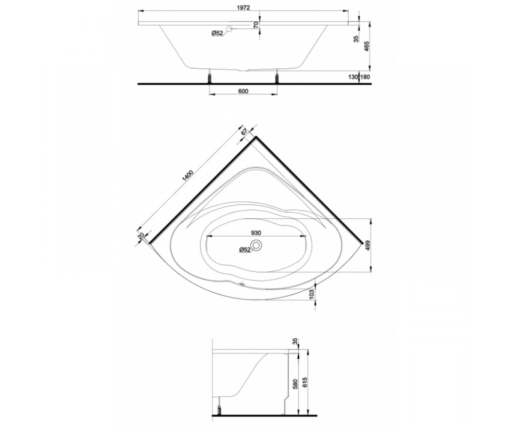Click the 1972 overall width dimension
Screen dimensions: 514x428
click(243, 8)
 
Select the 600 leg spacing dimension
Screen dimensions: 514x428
click(243, 91)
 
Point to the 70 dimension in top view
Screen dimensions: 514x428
click(256, 25)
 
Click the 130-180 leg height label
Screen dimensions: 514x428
click(359, 77)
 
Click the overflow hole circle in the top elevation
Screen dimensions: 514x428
click(229, 29)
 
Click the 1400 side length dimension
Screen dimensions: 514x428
click(188, 176)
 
